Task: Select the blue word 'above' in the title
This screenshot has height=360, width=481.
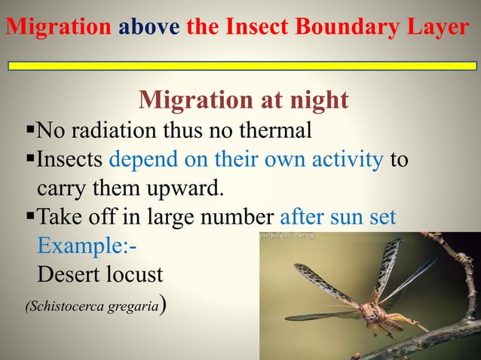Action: click(x=149, y=27)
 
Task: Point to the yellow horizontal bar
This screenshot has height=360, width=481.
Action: click(x=242, y=66)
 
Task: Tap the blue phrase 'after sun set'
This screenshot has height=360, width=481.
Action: click(x=338, y=218)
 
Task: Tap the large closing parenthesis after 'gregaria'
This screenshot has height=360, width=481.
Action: click(x=162, y=305)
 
